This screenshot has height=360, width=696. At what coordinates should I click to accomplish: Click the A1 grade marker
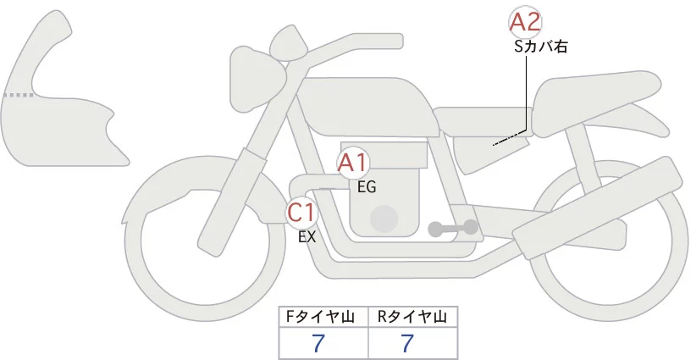tap(352, 163)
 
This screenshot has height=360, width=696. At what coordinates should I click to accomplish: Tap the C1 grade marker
tap(302, 212)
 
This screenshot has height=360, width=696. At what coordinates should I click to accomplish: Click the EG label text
tap(367, 187)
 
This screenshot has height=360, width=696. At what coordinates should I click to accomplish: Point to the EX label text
tap(307, 237)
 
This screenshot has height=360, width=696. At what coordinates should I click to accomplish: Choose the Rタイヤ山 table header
tap(412, 317)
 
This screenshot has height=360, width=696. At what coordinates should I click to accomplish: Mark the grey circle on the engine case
tap(386, 219)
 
